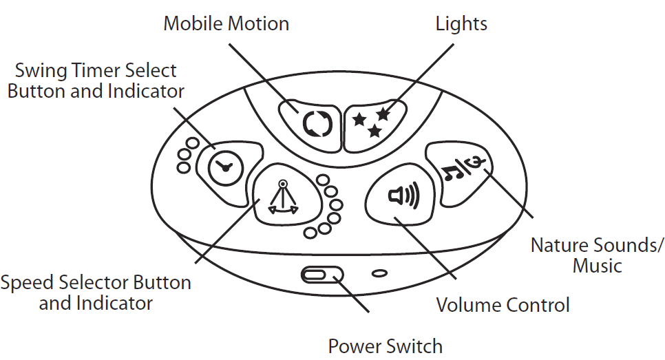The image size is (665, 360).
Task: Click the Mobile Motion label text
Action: (226, 24)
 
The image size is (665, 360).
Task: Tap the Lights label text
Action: (461, 24)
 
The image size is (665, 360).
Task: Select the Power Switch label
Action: (385, 346)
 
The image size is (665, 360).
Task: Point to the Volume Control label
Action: (503, 304)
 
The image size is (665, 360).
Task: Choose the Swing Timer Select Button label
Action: (96, 80)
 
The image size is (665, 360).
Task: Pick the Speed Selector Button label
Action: (96, 292)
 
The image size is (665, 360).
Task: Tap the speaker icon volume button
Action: (402, 196)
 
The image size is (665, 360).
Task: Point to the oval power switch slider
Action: (321, 275)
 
